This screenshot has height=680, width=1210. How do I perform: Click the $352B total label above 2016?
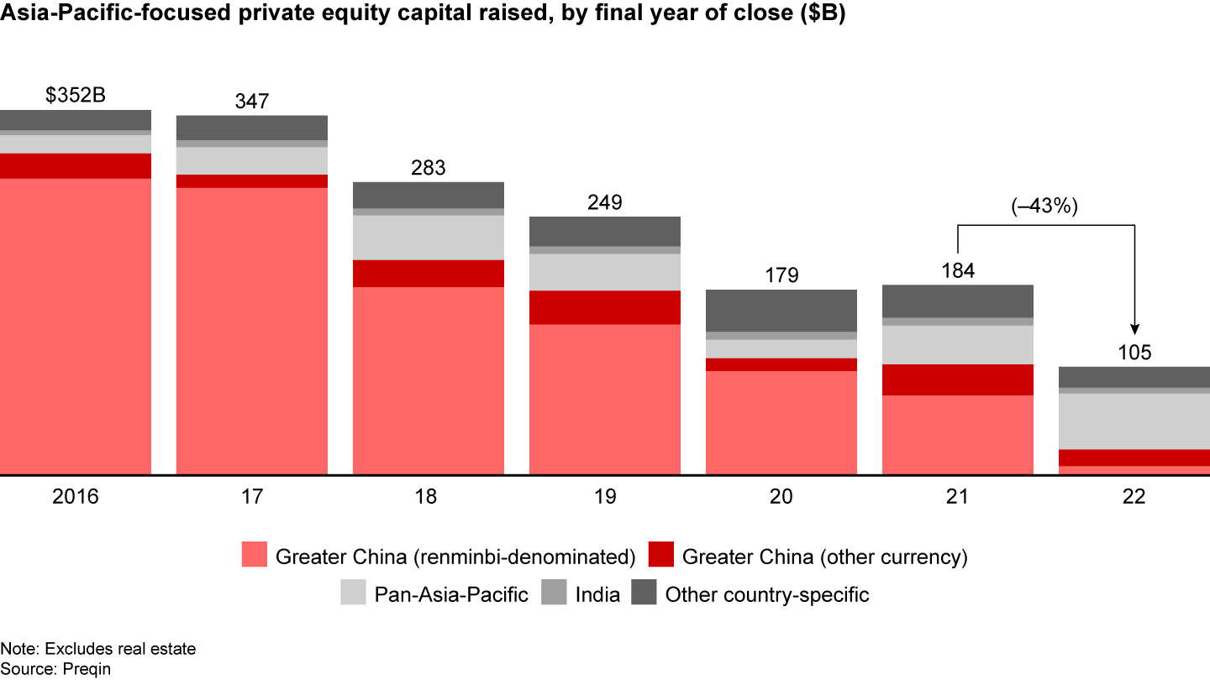coord(76,96)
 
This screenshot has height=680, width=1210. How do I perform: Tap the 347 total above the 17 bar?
coord(252,102)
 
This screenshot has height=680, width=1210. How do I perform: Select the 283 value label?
coord(429,168)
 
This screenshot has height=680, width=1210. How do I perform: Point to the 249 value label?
coord(605,202)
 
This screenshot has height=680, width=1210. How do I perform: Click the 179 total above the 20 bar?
coord(781,275)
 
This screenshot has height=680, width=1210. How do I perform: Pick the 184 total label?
coord(958,270)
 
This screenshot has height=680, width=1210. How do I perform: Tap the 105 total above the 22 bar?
coord(1134,352)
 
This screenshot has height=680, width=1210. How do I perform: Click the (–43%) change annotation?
coord(1045,207)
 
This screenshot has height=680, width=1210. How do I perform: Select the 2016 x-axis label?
coord(76,497)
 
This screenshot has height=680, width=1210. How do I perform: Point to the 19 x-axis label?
coord(605,497)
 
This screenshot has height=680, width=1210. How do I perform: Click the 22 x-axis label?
coord(1134,497)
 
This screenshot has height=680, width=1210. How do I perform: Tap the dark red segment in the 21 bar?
coord(958,379)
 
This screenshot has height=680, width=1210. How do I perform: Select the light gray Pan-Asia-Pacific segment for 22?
coord(1134,421)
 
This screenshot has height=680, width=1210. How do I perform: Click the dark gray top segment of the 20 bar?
coord(781,311)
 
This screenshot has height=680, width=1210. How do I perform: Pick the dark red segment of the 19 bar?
coord(605,307)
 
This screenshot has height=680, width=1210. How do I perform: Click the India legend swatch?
coord(555,594)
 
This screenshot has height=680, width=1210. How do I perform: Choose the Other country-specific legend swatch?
coord(644,594)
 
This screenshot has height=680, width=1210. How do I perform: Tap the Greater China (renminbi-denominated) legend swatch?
coord(255,556)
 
